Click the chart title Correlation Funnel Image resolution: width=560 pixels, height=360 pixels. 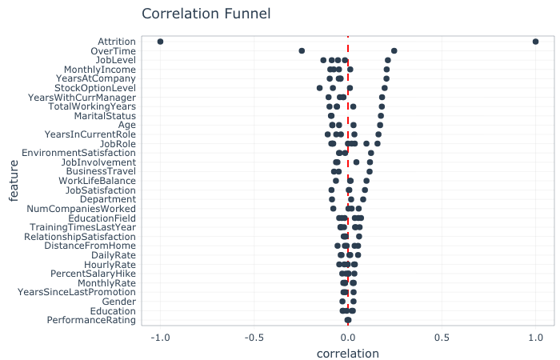[x=206, y=14]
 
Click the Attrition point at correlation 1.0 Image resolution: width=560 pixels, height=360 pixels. [x=535, y=42]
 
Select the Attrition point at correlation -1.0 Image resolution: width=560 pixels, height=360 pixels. [x=161, y=42]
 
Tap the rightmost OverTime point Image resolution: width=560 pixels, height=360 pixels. [x=394, y=50]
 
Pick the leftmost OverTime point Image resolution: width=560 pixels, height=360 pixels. [x=302, y=50]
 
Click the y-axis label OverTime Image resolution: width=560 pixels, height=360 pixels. [x=113, y=50]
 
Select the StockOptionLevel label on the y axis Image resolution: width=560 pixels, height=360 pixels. [x=95, y=88]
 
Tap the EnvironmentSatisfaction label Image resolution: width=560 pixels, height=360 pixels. [x=78, y=153]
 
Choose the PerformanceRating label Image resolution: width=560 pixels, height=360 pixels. [x=91, y=320]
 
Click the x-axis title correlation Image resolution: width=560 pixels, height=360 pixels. [x=348, y=353]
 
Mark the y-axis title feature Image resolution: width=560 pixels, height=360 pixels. [x=14, y=181]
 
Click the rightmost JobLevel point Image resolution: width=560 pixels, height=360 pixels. [x=388, y=60]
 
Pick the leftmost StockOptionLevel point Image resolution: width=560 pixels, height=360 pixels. [x=319, y=88]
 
